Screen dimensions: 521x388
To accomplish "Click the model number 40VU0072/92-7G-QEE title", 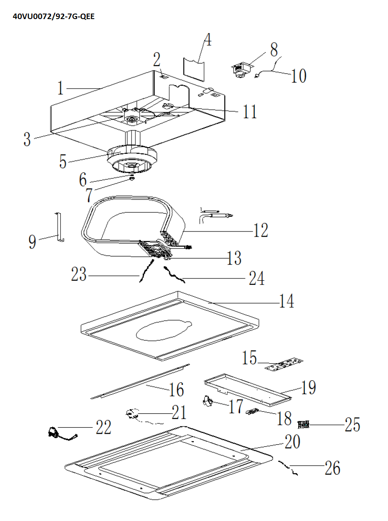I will (53, 17).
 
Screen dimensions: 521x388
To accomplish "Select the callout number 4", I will (207, 40).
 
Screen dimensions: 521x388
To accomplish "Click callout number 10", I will (299, 77).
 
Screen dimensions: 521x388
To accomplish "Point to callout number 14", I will (287, 301).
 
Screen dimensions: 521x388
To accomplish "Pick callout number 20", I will (292, 442).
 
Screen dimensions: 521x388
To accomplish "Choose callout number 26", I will (332, 468).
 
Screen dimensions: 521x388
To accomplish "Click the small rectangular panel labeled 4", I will (194, 69).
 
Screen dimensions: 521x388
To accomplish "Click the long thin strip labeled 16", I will (140, 381).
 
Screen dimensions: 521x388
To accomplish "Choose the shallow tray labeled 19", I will (248, 388).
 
